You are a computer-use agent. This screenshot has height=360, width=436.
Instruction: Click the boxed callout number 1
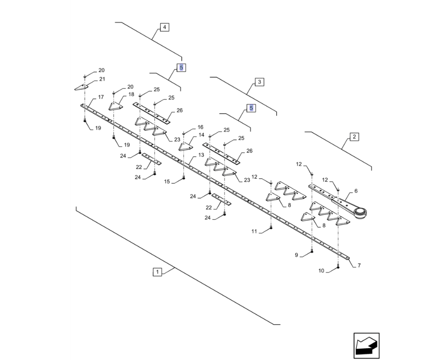(x=158, y=272)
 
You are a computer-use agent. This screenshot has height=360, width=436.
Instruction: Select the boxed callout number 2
(x=354, y=137)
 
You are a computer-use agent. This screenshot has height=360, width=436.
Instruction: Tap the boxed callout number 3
(x=259, y=82)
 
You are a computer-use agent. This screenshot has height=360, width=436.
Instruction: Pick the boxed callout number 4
(x=164, y=27)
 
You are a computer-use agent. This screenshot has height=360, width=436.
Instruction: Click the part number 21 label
(x=102, y=79)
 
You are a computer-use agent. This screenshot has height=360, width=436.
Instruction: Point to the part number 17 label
(x=101, y=97)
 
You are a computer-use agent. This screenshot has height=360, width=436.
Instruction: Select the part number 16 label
(x=201, y=127)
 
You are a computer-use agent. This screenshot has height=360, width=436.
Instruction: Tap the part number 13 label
(x=201, y=155)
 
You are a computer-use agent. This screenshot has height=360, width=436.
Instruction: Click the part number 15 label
(x=167, y=181)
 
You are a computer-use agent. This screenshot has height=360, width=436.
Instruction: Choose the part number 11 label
(x=254, y=231)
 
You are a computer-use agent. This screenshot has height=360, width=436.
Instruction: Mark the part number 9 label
(x=296, y=255)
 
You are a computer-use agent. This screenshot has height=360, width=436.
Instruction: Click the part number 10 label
(x=321, y=271)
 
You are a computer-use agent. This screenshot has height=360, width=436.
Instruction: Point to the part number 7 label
(x=359, y=266)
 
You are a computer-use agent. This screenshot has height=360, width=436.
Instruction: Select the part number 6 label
(x=356, y=191)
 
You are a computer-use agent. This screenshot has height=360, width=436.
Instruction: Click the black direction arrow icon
(x=366, y=346)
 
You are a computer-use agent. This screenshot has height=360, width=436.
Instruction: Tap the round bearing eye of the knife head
(x=360, y=213)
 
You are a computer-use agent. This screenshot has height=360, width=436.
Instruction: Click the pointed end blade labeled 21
(x=81, y=87)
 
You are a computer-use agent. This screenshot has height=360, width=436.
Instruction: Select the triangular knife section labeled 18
(x=116, y=107)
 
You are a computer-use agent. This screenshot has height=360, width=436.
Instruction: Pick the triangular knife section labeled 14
(x=186, y=147)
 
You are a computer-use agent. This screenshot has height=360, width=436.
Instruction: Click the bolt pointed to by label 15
(x=184, y=178)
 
